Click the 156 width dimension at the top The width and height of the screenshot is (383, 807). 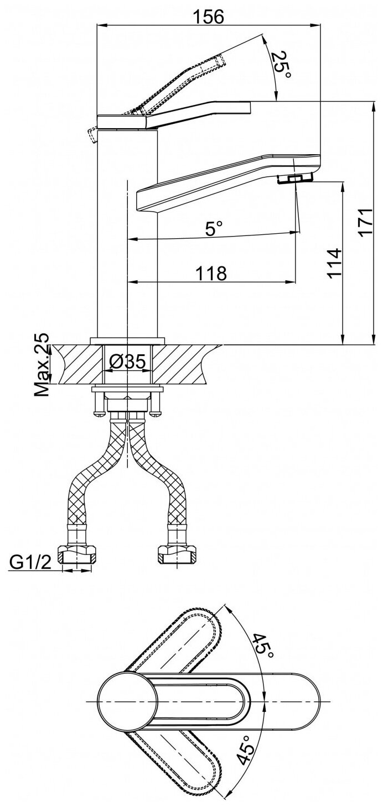(209, 16)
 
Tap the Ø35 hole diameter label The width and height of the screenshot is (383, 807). (128, 361)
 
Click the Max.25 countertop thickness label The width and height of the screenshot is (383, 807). (42, 365)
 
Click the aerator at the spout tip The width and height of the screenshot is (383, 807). (293, 179)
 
